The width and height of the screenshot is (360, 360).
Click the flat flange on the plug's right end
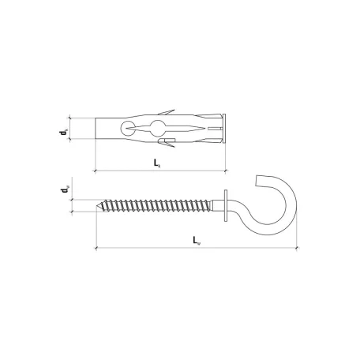point(225,128)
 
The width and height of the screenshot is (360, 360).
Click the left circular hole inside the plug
point(128,128)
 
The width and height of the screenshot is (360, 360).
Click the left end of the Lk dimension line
point(95,169)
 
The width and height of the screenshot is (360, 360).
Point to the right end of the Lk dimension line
point(227,169)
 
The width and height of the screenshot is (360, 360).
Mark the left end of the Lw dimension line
point(95,248)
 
